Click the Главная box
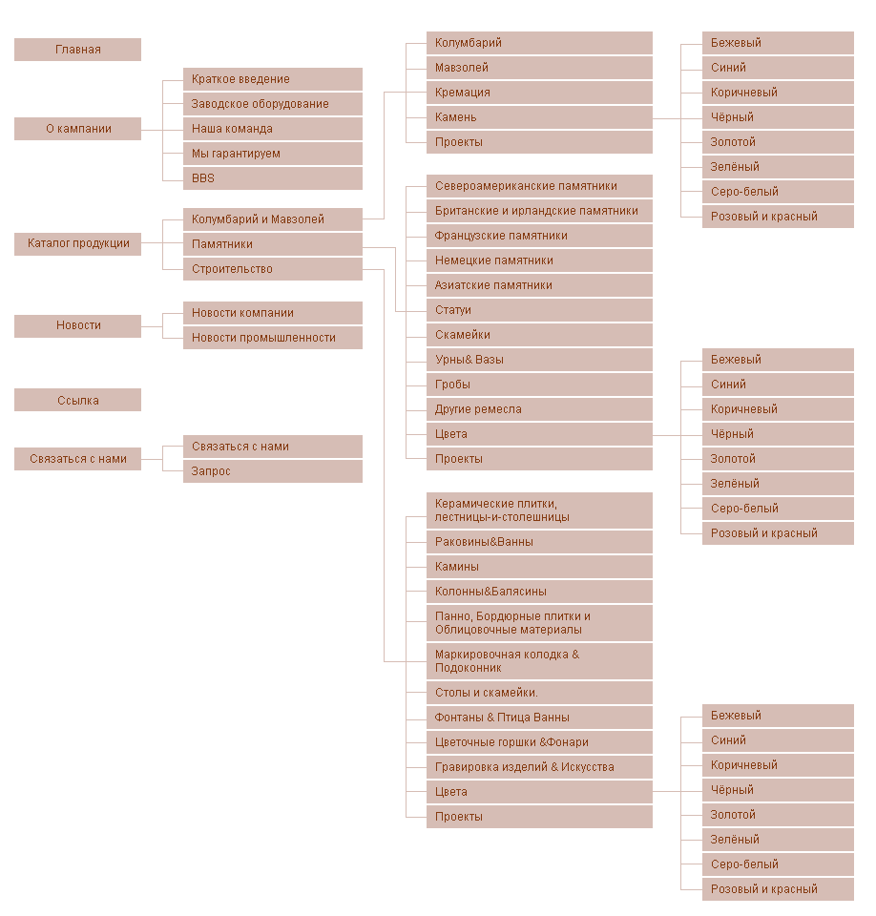point(77,50)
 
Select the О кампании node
point(77,129)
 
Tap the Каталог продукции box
point(77,244)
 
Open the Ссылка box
point(77,401)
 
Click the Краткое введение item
point(272,79)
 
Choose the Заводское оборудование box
point(272,104)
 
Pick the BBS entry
point(272,178)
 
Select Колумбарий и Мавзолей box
point(272,219)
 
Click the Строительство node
point(272,269)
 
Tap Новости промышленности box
point(272,338)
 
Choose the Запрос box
point(272,471)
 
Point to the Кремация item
point(539,93)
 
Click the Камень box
point(539,117)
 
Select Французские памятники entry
point(539,236)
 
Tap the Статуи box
point(539,310)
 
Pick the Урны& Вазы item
point(539,360)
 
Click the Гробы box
point(539,385)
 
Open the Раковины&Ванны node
point(539,542)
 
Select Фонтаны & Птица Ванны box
point(539,718)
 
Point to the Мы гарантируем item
point(272,154)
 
